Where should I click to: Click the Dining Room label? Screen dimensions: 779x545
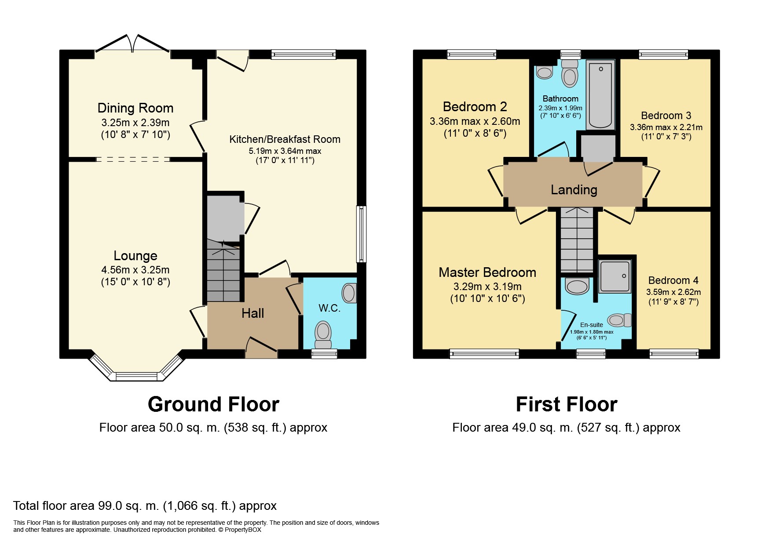(x=135, y=108)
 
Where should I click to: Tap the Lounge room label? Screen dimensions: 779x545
(x=135, y=256)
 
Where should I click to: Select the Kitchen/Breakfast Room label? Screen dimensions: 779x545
(x=285, y=139)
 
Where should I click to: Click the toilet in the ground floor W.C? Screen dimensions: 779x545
(x=323, y=334)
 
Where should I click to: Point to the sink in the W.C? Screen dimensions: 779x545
(x=349, y=293)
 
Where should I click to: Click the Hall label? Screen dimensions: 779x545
(x=253, y=313)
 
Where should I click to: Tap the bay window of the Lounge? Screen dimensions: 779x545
(x=136, y=367)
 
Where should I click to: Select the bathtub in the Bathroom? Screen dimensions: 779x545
(x=600, y=94)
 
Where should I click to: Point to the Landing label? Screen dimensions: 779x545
(x=574, y=190)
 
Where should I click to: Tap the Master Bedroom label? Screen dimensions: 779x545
(x=487, y=272)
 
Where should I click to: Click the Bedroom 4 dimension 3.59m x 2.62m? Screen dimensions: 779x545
(x=673, y=292)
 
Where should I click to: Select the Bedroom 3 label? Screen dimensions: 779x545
(x=666, y=116)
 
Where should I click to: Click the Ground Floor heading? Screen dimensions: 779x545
(x=213, y=404)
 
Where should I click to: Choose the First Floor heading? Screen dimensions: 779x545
(x=567, y=404)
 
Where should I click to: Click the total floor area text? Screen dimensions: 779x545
(x=145, y=506)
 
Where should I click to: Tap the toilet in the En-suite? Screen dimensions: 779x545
(x=619, y=320)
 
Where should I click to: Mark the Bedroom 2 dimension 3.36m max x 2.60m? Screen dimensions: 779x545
(x=475, y=122)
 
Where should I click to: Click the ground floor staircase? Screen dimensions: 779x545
(x=224, y=271)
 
